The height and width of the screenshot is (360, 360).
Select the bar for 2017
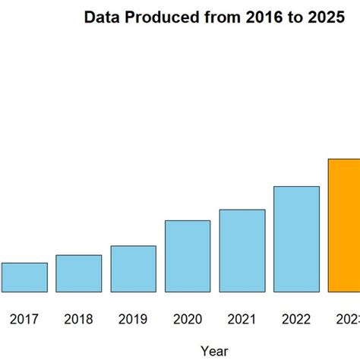pyautogui.click(x=24, y=277)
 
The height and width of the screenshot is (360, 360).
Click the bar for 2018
pyautogui.click(x=78, y=273)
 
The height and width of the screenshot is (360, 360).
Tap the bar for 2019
pyautogui.click(x=133, y=269)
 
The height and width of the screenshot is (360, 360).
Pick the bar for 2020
pyautogui.click(x=188, y=256)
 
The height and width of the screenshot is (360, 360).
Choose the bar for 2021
pyautogui.click(x=242, y=251)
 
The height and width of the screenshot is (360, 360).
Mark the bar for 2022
pyautogui.click(x=296, y=238)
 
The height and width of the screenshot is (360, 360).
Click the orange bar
pyautogui.click(x=344, y=225)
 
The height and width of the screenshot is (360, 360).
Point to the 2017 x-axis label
pyautogui.click(x=24, y=320)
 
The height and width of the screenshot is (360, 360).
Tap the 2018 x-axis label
pyautogui.click(x=78, y=320)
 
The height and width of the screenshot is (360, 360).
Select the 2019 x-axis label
pyautogui.click(x=133, y=320)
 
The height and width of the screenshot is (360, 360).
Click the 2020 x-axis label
pyautogui.click(x=188, y=320)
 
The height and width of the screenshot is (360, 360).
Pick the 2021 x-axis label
pyautogui.click(x=242, y=320)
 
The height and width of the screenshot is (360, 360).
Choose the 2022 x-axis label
pyautogui.click(x=296, y=320)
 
